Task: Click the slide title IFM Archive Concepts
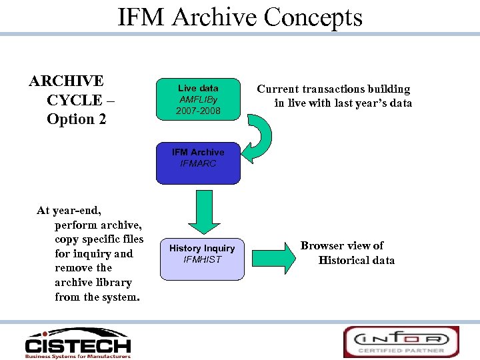[240, 17]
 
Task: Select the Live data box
[198, 99]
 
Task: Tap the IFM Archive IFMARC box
[198, 163]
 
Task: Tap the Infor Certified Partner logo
[401, 341]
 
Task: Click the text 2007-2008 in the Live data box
[198, 110]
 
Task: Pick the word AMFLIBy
[198, 99]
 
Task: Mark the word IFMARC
[198, 163]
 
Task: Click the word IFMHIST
[202, 259]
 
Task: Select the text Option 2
[77, 119]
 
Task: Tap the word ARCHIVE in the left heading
[67, 81]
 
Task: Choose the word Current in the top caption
[279, 89]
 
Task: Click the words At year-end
[69, 211]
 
